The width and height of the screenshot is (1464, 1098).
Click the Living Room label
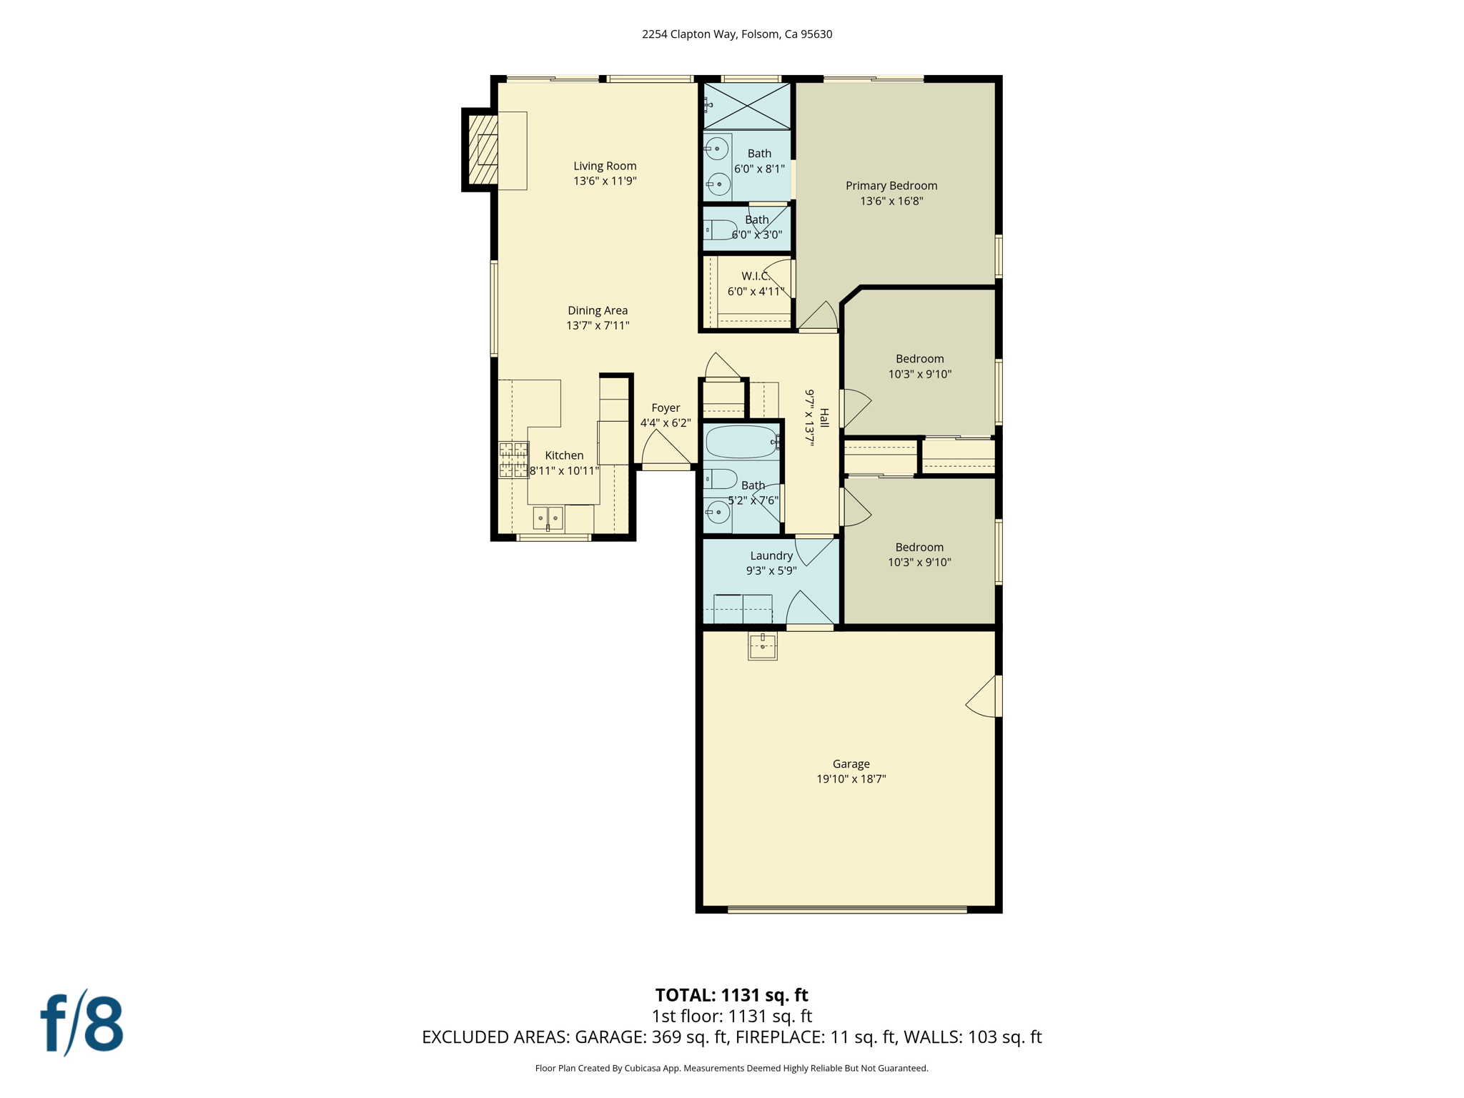point(605,166)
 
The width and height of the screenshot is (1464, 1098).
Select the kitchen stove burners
point(513,460)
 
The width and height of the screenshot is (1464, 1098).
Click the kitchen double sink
point(548,518)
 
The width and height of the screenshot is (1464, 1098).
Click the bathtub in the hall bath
point(741,442)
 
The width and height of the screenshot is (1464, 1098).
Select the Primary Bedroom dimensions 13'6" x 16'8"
point(891,201)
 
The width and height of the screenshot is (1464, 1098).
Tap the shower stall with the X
point(747,106)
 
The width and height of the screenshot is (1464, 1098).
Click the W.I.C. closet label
point(755,276)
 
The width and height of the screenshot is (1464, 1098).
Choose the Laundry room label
point(771,555)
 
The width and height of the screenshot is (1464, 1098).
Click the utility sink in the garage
point(763,646)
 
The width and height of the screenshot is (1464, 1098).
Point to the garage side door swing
point(982,697)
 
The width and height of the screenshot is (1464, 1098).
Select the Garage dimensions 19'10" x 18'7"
point(851,779)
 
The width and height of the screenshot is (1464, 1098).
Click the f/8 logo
point(81,1024)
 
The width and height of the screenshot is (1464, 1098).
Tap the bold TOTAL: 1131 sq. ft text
point(731,995)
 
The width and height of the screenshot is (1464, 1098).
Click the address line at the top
point(736,34)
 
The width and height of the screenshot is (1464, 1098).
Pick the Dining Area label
point(598,310)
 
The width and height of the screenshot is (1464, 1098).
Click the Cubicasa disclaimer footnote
point(731,1068)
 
